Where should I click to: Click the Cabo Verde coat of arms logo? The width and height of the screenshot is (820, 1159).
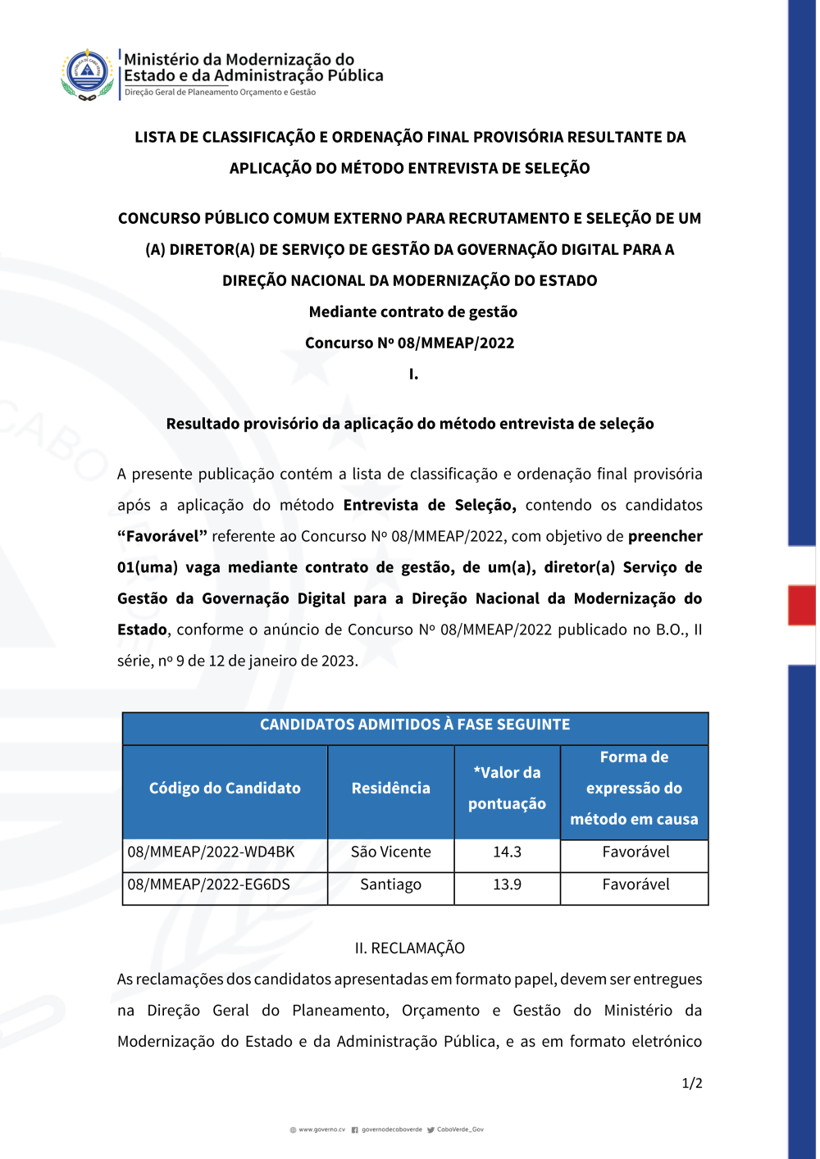87,74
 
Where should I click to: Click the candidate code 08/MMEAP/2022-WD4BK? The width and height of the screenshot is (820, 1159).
211,852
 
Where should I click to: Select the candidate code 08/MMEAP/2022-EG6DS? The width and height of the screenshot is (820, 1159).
208,885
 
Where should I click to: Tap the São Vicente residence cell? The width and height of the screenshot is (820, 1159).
390,852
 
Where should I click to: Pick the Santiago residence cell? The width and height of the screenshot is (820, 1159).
390,885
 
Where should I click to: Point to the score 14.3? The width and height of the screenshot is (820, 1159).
507,852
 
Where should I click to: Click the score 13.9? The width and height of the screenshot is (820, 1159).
507,885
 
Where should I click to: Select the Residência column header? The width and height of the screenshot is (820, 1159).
390,789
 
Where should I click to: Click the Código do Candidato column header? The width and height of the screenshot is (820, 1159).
225,789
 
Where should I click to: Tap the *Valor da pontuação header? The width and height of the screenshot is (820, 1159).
507,789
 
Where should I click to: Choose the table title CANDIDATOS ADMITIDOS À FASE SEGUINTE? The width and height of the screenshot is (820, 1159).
415,725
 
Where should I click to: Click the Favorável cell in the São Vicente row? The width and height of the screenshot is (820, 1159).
635,852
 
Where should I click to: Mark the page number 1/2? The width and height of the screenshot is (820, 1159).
692,1084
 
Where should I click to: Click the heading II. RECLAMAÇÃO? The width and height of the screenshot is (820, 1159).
409,948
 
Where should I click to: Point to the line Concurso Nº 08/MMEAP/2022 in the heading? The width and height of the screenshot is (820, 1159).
409,343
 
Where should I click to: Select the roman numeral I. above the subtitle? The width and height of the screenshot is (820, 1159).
413,375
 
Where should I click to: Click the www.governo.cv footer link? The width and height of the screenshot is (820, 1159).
321,1129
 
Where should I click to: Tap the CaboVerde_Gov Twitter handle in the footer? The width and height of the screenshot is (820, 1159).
460,1129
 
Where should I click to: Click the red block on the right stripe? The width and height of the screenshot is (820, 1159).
801,605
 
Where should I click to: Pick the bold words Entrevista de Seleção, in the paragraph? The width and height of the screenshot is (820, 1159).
430,506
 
